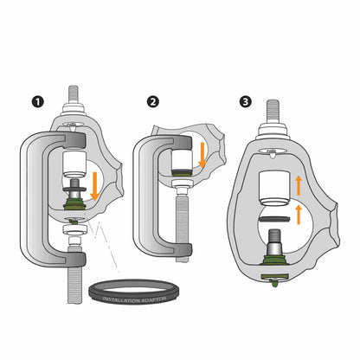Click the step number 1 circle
tap(36, 102)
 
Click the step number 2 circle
tap(153, 102)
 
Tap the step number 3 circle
tap(247, 102)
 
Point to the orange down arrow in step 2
tap(202, 156)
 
